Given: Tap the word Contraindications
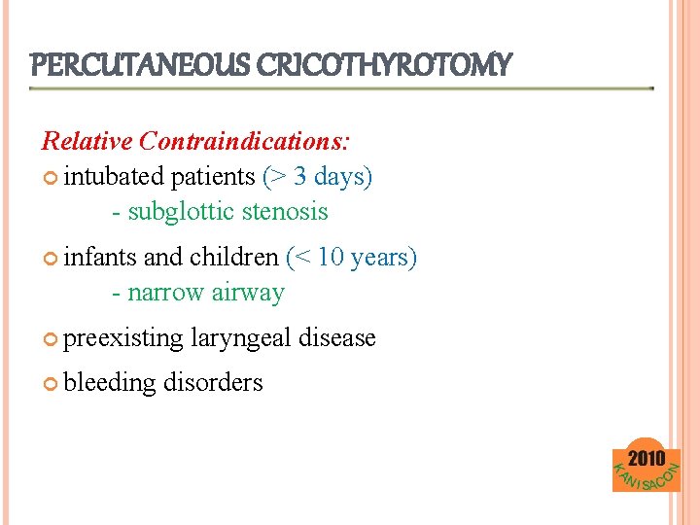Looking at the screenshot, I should pos(244,141).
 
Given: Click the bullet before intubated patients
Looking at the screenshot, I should pos(51,177).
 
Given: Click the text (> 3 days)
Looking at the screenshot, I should pos(318,176).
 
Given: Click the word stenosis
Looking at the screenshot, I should pos(287,211).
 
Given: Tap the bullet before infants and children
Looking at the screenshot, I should pos(51,258).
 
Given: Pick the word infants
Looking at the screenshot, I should pos(100,257).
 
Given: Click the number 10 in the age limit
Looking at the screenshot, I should pos(332,257).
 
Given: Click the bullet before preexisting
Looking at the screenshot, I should pos(51,338).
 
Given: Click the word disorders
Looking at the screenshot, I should pos(213,382).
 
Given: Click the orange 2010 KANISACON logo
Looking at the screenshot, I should pos(647,469).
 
